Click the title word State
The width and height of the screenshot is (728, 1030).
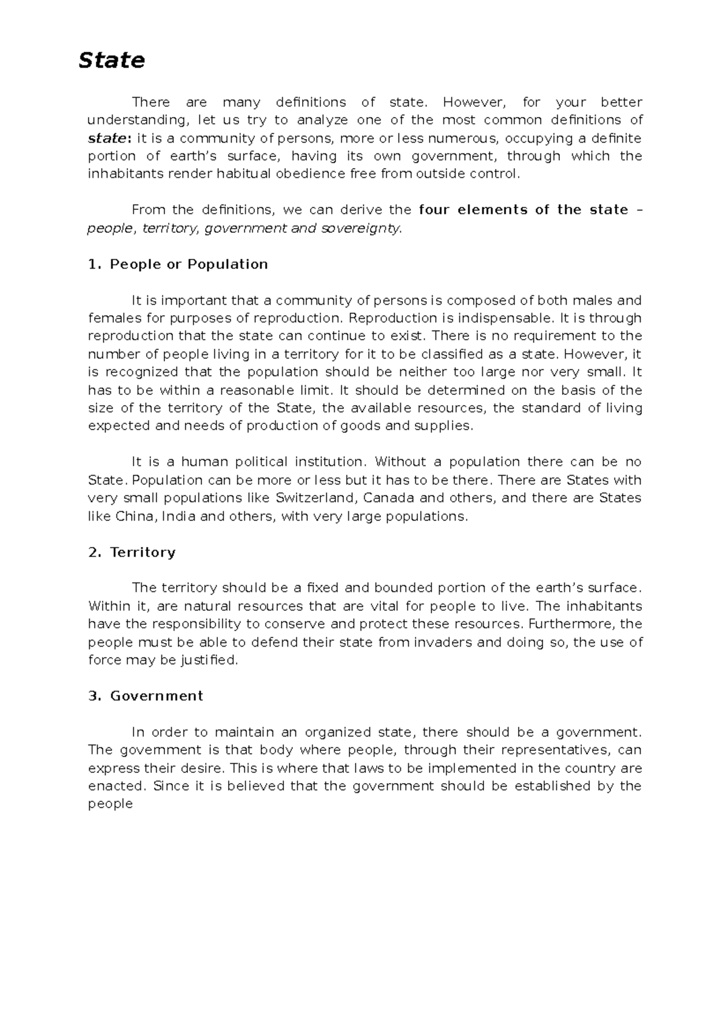point(112,60)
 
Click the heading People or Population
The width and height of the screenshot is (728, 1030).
point(189,264)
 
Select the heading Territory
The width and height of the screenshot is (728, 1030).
point(143,553)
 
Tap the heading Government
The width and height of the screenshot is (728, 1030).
point(157,696)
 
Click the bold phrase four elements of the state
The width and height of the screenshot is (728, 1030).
point(524,210)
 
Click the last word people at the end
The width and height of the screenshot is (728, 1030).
point(110,804)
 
